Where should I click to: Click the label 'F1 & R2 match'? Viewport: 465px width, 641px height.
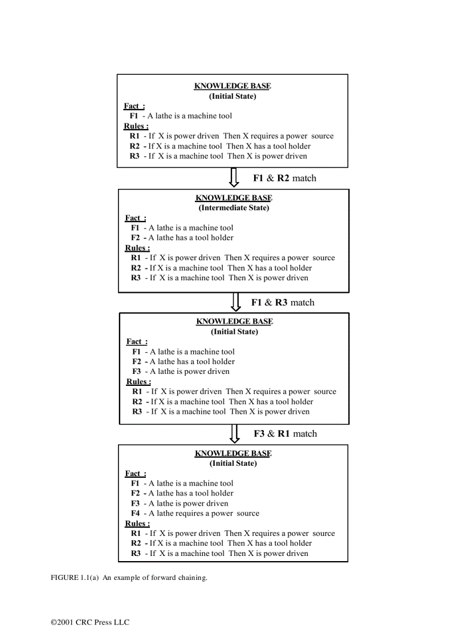point(284,178)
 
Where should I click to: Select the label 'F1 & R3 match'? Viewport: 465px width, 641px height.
point(283,303)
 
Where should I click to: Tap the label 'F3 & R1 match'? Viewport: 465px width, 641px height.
point(285,434)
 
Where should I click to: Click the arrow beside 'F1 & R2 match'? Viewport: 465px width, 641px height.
point(234,177)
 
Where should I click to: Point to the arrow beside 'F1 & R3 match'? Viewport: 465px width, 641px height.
point(235,302)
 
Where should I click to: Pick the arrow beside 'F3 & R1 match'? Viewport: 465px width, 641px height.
point(234,433)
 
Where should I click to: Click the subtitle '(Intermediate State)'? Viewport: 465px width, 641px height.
point(234,208)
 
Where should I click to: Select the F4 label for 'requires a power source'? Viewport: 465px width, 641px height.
point(135,513)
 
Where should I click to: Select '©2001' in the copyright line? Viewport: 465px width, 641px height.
point(62,622)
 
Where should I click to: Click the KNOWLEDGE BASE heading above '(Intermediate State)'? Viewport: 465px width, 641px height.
point(234,198)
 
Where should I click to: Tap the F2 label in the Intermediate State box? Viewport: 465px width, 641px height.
point(136,237)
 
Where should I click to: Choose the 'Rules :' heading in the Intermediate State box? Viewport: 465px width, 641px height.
point(137,248)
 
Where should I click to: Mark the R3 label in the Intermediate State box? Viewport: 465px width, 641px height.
point(136,278)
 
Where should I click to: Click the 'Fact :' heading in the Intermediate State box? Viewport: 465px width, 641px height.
point(135,217)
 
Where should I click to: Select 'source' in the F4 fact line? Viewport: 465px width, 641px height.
point(248,513)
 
